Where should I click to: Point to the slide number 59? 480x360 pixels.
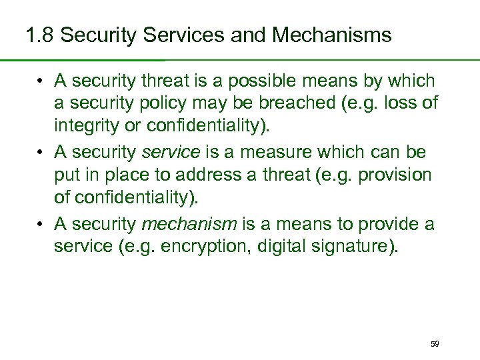pyautogui.click(x=435, y=343)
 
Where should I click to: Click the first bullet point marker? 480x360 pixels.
pyautogui.click(x=41, y=82)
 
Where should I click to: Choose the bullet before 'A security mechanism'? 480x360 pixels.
pyautogui.click(x=41, y=225)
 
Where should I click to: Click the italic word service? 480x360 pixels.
pyautogui.click(x=171, y=153)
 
